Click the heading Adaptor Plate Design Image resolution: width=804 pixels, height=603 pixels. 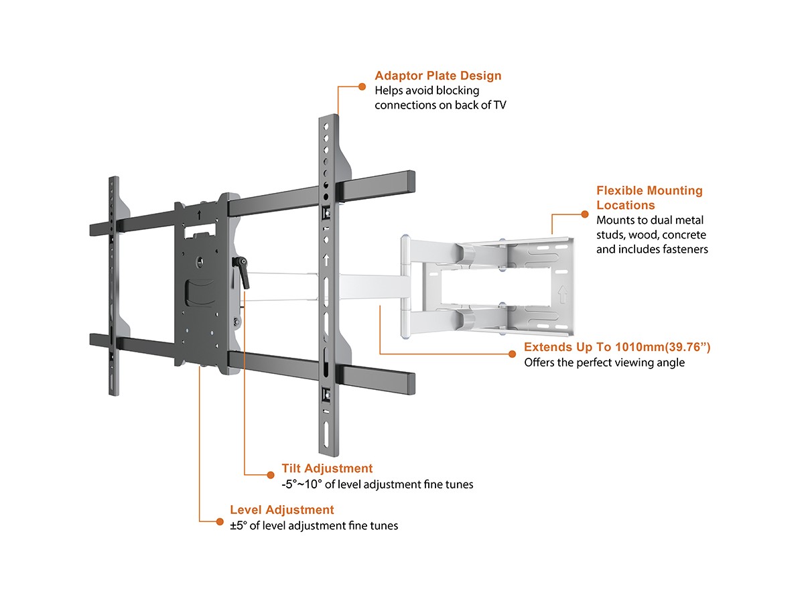click(438, 76)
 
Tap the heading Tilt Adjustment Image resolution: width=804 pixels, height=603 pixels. click(327, 468)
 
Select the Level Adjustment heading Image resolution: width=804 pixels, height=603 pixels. click(281, 510)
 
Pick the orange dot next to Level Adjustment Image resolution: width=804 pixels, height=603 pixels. click(218, 520)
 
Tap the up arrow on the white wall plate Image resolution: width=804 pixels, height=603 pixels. click(561, 293)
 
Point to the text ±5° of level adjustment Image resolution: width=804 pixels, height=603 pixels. click(314, 526)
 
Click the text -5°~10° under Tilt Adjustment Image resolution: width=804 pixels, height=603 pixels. click(301, 484)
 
